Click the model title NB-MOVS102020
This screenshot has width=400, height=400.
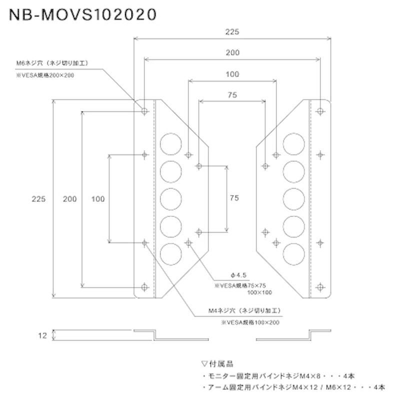click(80, 15)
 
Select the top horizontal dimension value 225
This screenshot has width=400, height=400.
click(232, 31)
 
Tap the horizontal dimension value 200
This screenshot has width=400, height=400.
click(232, 52)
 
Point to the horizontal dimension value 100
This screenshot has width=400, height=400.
click(232, 74)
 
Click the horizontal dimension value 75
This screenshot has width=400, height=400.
click(232, 94)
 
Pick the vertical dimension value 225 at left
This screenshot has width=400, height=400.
click(38, 199)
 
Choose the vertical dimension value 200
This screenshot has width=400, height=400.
click(69, 199)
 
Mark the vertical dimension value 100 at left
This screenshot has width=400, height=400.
click(98, 199)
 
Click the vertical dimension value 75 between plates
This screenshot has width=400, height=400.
click(233, 198)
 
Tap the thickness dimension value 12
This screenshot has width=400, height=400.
click(42, 335)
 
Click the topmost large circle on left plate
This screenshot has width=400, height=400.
click(170, 143)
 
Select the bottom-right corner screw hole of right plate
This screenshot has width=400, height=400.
click(320, 287)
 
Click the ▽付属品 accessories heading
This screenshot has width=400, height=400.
click(217, 363)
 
